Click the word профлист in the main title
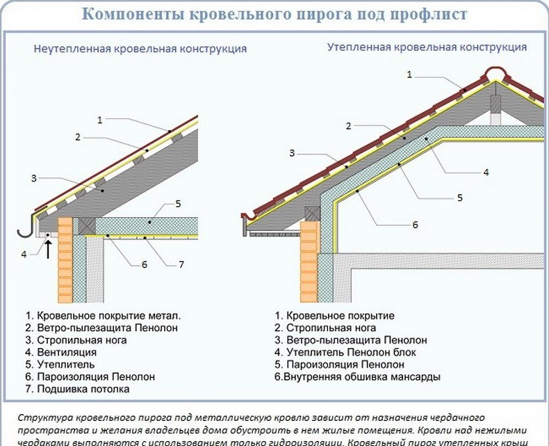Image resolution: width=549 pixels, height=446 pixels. [423, 15]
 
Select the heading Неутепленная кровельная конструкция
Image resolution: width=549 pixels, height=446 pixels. [140, 49]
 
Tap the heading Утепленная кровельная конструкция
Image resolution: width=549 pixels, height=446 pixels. [427, 47]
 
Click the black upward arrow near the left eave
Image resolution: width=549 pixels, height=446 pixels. [49, 248]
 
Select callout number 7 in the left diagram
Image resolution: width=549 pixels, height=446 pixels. [181, 264]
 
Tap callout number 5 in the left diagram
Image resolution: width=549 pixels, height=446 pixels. [179, 203]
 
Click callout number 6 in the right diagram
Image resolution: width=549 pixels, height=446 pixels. [415, 225]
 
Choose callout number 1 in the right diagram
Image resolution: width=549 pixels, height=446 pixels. [409, 74]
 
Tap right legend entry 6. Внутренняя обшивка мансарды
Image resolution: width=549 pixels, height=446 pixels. [357, 377]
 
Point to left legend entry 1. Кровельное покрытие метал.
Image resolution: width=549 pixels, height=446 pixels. [102, 314]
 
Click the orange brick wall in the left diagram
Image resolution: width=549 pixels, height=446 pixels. [65, 257]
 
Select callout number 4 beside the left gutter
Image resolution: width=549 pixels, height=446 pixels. [24, 254]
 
